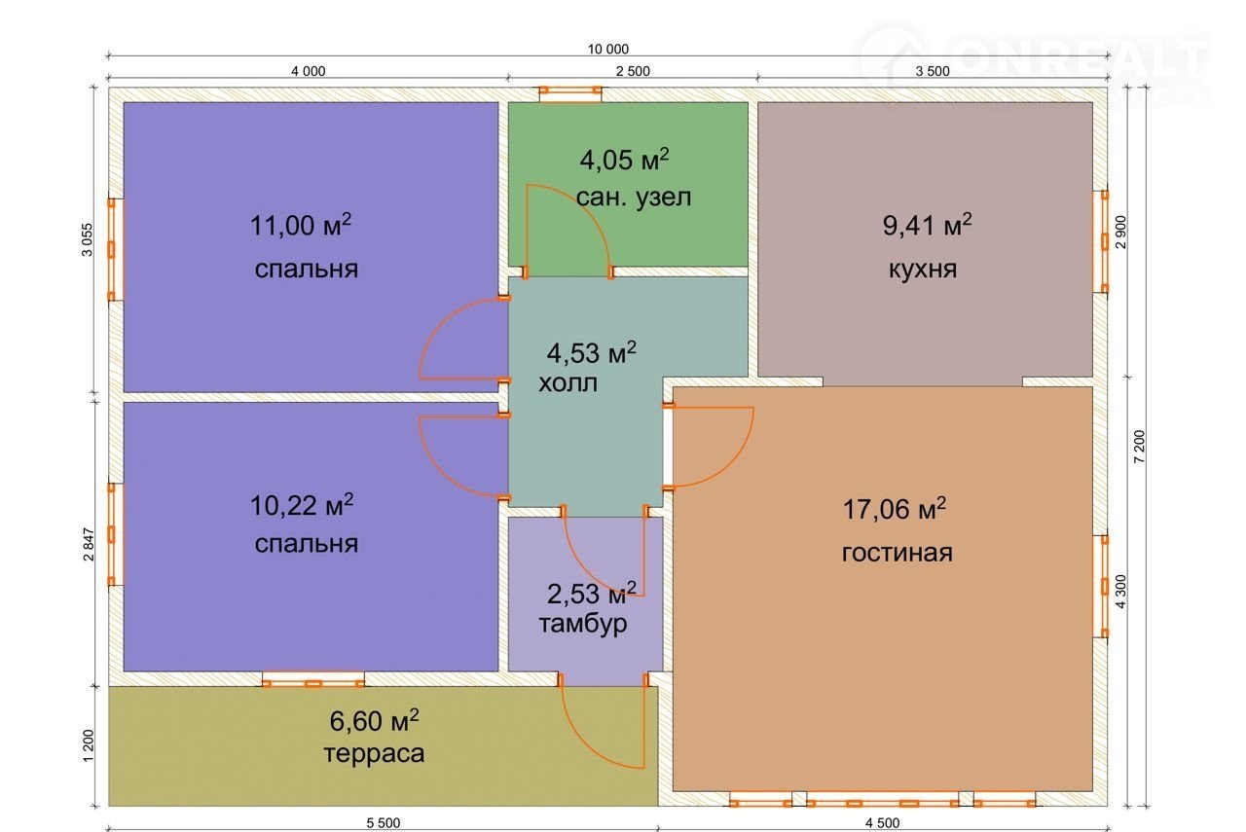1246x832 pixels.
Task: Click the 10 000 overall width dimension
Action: [x=608, y=49]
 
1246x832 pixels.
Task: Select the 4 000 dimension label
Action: [x=309, y=71]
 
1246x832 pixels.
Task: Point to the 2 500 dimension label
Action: [x=633, y=71]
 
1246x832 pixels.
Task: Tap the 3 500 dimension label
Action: [x=933, y=71]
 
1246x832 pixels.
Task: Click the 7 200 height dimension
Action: [x=1140, y=447]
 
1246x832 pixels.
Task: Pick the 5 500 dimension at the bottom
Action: [x=384, y=823]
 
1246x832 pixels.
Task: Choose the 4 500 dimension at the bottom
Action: [x=882, y=823]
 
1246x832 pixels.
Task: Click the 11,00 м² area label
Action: [x=301, y=225]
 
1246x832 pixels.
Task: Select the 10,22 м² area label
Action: [x=302, y=505]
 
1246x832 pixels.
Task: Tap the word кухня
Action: [x=923, y=270]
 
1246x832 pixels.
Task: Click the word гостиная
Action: [x=897, y=553]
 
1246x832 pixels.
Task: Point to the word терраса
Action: [x=374, y=753]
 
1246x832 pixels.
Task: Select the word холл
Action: [x=568, y=383]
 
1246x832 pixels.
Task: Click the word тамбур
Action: [x=583, y=624]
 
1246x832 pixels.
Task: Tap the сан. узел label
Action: [x=634, y=198]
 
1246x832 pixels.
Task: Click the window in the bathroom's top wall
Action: [x=570, y=93]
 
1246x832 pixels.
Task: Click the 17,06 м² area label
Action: [x=895, y=509]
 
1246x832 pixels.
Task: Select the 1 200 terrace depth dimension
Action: [x=89, y=745]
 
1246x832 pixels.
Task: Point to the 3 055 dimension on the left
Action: [x=88, y=239]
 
